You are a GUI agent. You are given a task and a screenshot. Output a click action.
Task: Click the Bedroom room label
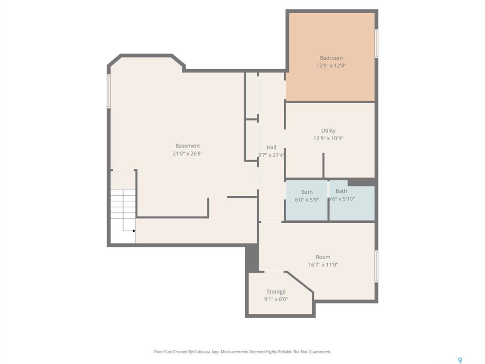(331, 58)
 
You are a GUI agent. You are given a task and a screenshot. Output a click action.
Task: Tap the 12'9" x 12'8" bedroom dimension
(331, 65)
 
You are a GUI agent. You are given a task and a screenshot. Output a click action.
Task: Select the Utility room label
(328, 131)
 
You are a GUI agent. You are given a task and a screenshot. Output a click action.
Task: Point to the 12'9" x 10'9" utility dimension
(328, 138)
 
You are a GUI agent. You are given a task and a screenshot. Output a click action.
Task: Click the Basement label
(188, 146)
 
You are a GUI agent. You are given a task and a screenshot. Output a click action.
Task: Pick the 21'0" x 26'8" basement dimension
(188, 154)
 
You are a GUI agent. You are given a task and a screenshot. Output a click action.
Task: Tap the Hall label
(271, 148)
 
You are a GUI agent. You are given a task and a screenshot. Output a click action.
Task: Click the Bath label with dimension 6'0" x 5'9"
(307, 192)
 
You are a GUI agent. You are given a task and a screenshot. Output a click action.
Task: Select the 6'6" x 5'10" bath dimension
(341, 199)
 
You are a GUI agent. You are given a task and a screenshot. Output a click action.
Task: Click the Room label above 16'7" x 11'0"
(323, 257)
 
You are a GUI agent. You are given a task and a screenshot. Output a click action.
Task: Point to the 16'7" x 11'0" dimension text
(323, 264)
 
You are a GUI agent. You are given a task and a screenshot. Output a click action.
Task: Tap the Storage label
(276, 291)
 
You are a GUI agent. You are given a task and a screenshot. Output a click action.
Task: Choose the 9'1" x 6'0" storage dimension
(276, 300)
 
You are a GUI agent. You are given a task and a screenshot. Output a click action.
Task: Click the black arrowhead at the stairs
(134, 231)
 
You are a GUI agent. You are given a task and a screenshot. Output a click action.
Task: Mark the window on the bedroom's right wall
(377, 43)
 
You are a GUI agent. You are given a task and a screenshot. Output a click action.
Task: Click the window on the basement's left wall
(109, 91)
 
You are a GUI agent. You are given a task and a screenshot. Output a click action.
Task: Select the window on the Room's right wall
(377, 266)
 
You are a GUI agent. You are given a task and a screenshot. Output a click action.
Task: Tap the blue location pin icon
(460, 360)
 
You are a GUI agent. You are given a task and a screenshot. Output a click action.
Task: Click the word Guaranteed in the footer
(320, 352)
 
